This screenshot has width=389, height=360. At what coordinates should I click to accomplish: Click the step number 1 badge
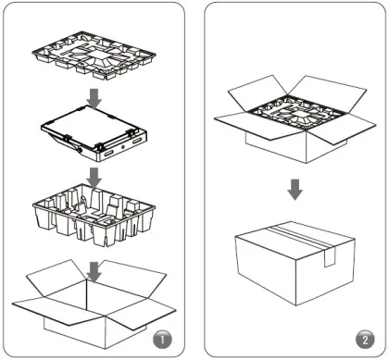162,340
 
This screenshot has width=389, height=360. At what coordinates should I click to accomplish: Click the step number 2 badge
365,340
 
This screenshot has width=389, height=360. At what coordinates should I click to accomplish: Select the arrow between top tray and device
94,99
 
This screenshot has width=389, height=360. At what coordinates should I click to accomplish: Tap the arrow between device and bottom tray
94,178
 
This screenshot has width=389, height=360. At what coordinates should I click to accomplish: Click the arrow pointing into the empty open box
94,272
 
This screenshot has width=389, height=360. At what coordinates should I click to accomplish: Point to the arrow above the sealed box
295,190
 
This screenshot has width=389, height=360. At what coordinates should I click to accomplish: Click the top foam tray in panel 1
94,56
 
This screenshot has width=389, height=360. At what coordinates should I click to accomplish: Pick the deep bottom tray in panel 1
94,215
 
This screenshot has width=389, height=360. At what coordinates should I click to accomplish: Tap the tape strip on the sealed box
304,239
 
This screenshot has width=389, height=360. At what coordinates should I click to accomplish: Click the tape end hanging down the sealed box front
330,257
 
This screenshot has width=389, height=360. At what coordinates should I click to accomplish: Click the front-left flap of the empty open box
58,310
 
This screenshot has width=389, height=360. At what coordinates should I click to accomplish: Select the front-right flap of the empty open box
142,314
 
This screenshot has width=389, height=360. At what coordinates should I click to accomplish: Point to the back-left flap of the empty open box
57,278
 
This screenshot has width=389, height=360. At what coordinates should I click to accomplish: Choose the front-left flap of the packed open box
259,126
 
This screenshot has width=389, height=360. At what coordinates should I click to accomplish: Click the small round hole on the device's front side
123,147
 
